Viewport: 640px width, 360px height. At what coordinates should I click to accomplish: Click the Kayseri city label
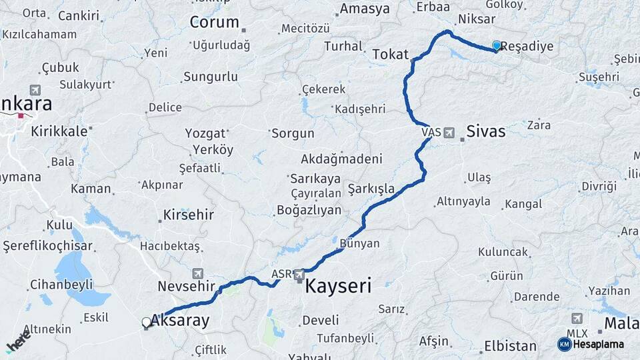pyautogui.click(x=338, y=287)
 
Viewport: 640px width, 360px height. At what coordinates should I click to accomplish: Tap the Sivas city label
pyautogui.click(x=485, y=131)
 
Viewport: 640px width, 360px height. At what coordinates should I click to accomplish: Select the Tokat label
pyautogui.click(x=390, y=54)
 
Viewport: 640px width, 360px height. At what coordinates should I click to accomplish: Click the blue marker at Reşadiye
pyautogui.click(x=496, y=45)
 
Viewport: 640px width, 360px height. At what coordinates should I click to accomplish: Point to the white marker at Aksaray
pyautogui.click(x=147, y=323)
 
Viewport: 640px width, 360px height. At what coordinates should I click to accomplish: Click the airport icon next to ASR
pyautogui.click(x=299, y=274)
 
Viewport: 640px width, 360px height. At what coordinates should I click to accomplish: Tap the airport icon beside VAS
pyautogui.click(x=449, y=133)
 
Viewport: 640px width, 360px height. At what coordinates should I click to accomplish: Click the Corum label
pyautogui.click(x=214, y=22)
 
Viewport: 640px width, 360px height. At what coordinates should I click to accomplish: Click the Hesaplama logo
pyautogui.click(x=591, y=344)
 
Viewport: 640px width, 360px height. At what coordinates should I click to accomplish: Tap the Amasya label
pyautogui.click(x=365, y=9)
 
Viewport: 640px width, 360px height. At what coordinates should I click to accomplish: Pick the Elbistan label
pyautogui.click(x=510, y=346)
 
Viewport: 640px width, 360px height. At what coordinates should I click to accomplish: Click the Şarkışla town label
pyautogui.click(x=371, y=189)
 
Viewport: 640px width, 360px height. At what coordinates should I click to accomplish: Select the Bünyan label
pyautogui.click(x=359, y=243)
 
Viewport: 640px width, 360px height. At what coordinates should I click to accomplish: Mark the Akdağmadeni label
pyautogui.click(x=341, y=159)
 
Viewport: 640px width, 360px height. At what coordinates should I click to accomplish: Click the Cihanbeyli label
pyautogui.click(x=61, y=285)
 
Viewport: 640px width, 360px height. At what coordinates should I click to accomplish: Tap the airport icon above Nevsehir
pyautogui.click(x=197, y=273)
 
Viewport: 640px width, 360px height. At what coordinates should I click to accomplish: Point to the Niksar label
pyautogui.click(x=477, y=19)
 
